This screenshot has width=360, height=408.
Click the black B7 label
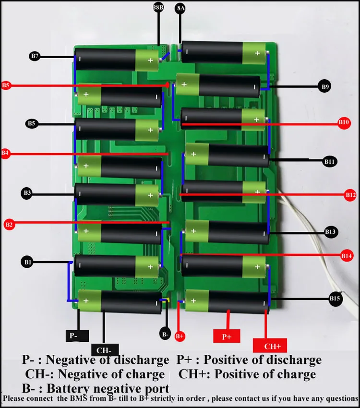pyautogui.click(x=34, y=57)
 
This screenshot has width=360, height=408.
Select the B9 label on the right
pyautogui.click(x=325, y=87)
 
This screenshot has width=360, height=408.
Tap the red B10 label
pyautogui.click(x=344, y=122)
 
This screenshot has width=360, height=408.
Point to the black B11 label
pyautogui.click(x=329, y=162)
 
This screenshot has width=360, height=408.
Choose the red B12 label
pyautogui.click(x=350, y=195)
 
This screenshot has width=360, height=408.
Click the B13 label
pyautogui.click(x=330, y=232)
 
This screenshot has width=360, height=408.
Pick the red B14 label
pyautogui.click(x=347, y=256)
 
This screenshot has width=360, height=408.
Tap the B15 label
pyautogui.click(x=335, y=299)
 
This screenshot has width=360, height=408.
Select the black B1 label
pyautogui.click(x=27, y=262)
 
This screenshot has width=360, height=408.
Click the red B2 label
pyautogui.click(x=10, y=224)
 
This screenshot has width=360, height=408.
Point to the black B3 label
pyautogui.click(x=27, y=193)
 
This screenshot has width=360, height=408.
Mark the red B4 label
pyautogui.click(x=5, y=154)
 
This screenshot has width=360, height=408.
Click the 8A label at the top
pyautogui.click(x=181, y=9)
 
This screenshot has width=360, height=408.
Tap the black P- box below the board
pyautogui.click(x=73, y=336)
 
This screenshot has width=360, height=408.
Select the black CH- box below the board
pyautogui.click(x=104, y=350)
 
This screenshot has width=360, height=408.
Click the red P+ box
pyautogui.click(x=227, y=337)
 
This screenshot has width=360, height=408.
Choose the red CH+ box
pyautogui.click(x=272, y=346)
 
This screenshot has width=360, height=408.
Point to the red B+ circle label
pyautogui.click(x=180, y=336)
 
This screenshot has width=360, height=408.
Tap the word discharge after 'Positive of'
pyautogui.click(x=291, y=360)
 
